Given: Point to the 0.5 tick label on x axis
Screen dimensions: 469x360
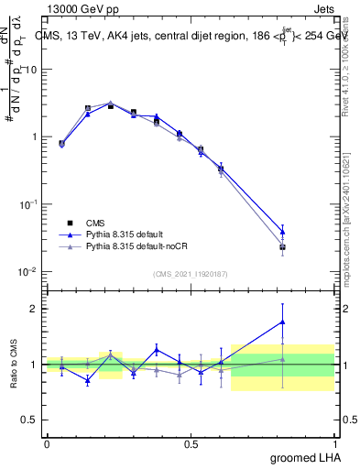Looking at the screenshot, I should point(191,443).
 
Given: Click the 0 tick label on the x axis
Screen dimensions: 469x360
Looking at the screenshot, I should point(47,443).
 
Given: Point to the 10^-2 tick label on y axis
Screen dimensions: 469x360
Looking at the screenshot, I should point(27,271).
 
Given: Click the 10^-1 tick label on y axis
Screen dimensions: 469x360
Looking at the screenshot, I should point(27,204).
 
